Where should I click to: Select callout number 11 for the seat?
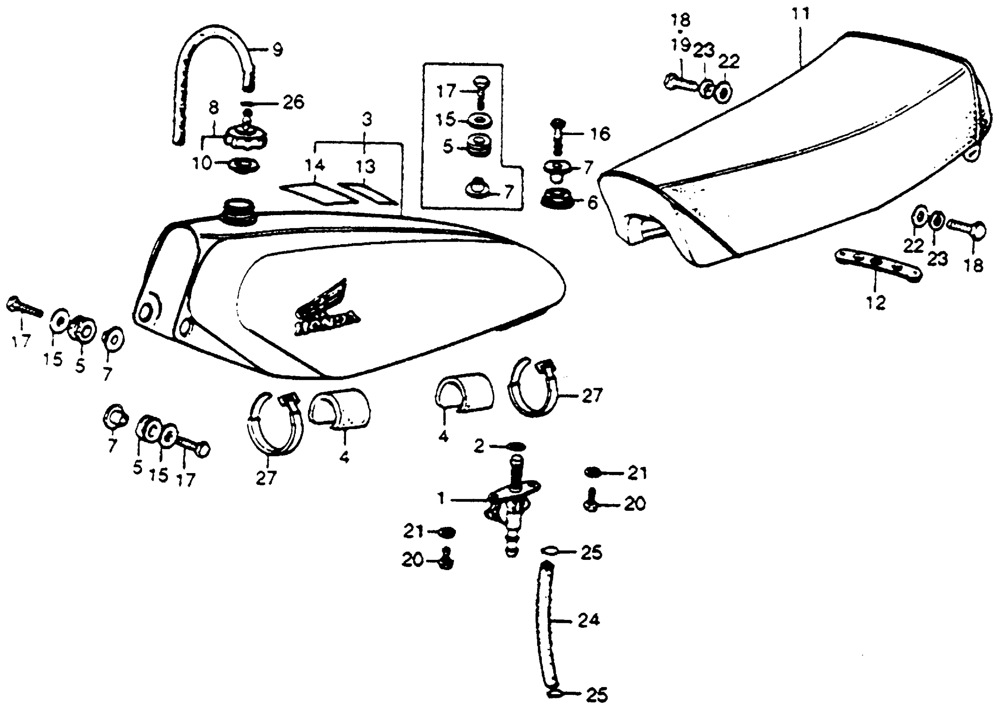(x=800, y=14)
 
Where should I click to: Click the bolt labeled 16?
(x=557, y=136)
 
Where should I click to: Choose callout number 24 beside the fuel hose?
(x=588, y=620)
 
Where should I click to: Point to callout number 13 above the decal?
(x=365, y=167)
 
